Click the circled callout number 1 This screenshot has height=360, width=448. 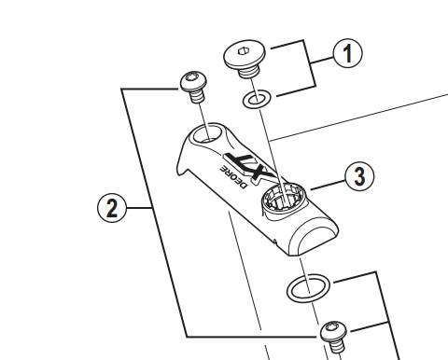tap(348, 53)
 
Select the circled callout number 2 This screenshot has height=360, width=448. tap(112, 208)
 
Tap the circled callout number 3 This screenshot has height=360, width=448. tap(359, 176)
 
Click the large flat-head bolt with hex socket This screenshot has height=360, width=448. tap(245, 59)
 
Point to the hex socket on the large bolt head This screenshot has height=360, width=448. tap(243, 50)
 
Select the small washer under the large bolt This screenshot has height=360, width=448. tap(257, 99)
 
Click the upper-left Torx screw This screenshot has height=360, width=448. tap(194, 86)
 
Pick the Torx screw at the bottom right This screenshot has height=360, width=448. tap(334, 338)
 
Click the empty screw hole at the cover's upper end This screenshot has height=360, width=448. tap(207, 134)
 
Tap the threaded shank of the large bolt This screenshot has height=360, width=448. tap(248, 73)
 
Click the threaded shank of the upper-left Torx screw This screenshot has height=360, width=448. tap(197, 96)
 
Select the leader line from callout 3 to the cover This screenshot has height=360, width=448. tap(328, 185)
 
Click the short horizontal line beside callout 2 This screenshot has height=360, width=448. tap(140, 208)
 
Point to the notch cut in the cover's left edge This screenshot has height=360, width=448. tap(183, 164)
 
